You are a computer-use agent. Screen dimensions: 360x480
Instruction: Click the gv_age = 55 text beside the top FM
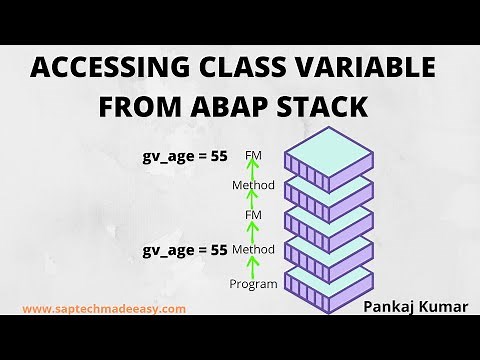click(x=185, y=157)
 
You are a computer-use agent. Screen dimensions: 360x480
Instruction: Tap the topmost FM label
click(x=253, y=157)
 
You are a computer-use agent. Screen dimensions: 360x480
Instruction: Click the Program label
click(x=253, y=284)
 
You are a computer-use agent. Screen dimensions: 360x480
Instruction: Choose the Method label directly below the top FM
click(x=253, y=186)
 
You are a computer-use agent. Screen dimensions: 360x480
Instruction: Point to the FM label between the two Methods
click(x=253, y=216)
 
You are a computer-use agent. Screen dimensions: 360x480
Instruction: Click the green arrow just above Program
click(x=253, y=266)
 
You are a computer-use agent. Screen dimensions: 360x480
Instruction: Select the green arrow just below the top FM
click(x=253, y=171)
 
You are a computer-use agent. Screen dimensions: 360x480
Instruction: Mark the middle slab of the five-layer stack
click(x=330, y=220)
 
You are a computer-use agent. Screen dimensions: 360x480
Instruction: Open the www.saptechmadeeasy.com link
click(x=104, y=309)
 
